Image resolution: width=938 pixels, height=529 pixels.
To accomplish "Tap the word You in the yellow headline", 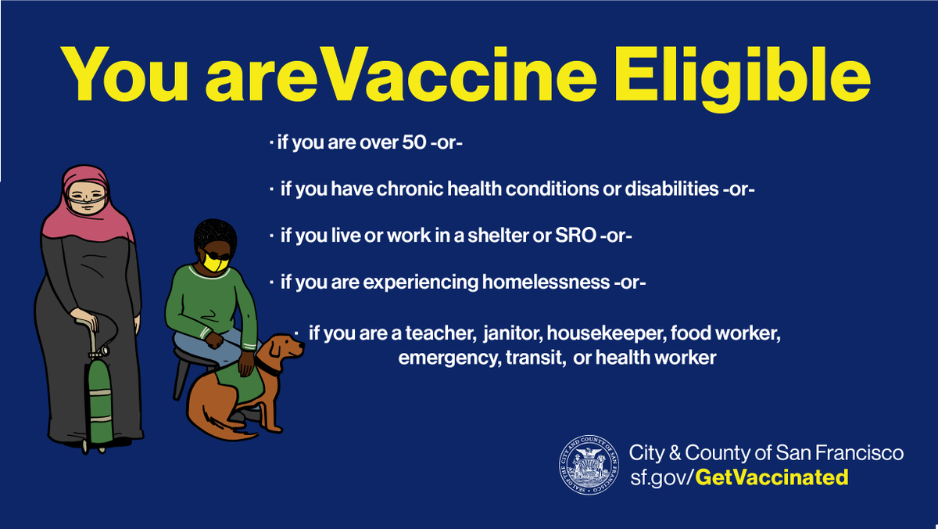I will click(125, 71).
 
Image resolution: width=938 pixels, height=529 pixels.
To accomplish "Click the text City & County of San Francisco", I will click(766, 452).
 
